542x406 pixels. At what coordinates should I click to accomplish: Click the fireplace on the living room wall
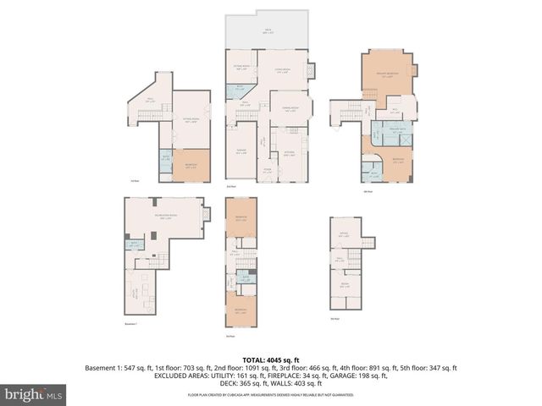click(310, 72)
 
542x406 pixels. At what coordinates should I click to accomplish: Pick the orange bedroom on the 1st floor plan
click(191, 165)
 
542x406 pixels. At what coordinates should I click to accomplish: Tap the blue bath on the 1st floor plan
click(166, 157)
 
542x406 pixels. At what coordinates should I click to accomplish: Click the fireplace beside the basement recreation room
click(203, 216)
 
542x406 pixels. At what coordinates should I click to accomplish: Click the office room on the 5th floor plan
click(346, 233)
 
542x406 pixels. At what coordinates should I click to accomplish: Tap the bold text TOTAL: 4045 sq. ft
click(270, 359)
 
